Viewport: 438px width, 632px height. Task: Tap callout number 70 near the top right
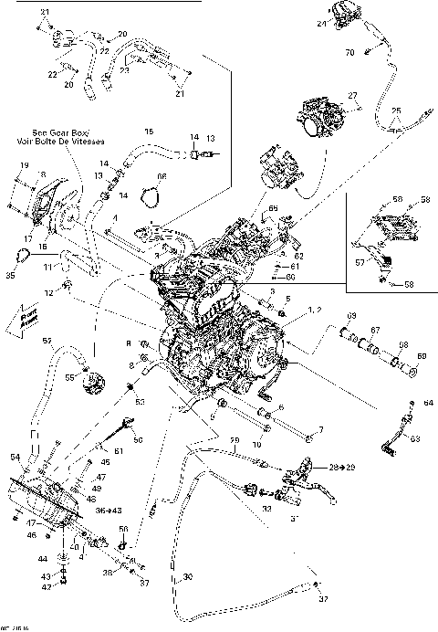point(349,54)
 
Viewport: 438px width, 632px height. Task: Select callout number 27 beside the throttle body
point(352,95)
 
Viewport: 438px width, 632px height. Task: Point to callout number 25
point(395,112)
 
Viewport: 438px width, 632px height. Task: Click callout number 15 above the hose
point(150,132)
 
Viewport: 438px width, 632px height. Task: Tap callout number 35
point(11,273)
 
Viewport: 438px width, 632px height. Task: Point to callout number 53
point(140,400)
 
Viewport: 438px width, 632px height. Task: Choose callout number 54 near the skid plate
point(16,456)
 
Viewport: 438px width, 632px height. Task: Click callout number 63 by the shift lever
point(418,439)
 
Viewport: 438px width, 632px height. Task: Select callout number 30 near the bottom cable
point(188,577)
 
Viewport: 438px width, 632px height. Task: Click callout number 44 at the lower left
point(41,558)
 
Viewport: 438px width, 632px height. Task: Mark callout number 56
point(123,530)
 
